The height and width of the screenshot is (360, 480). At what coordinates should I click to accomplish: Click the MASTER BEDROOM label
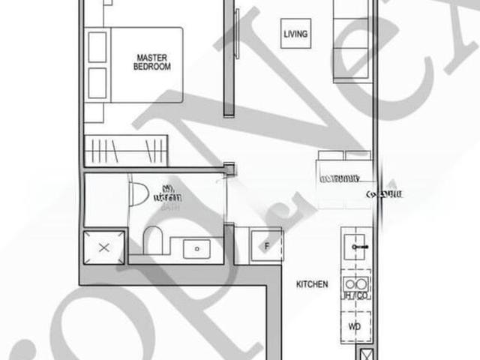point(151,61)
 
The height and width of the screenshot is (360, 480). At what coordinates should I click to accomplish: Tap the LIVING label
point(295,34)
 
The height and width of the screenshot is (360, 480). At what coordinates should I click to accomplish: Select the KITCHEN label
point(312,284)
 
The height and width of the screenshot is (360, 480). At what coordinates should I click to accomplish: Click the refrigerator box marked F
point(266,245)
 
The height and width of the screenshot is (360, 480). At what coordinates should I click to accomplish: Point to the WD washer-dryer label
point(355,327)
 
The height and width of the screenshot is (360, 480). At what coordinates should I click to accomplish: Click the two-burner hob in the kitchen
point(355,284)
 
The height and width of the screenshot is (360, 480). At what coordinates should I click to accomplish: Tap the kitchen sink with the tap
point(357,246)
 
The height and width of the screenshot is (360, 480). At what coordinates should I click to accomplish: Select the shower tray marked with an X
point(103,247)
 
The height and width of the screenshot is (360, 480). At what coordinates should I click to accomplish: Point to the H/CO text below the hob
point(355,297)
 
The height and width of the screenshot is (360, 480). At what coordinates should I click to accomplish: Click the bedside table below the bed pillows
point(93,112)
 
